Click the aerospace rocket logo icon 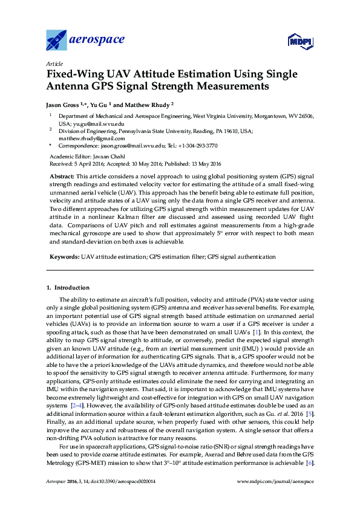(56, 41)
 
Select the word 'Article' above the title (54, 63)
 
